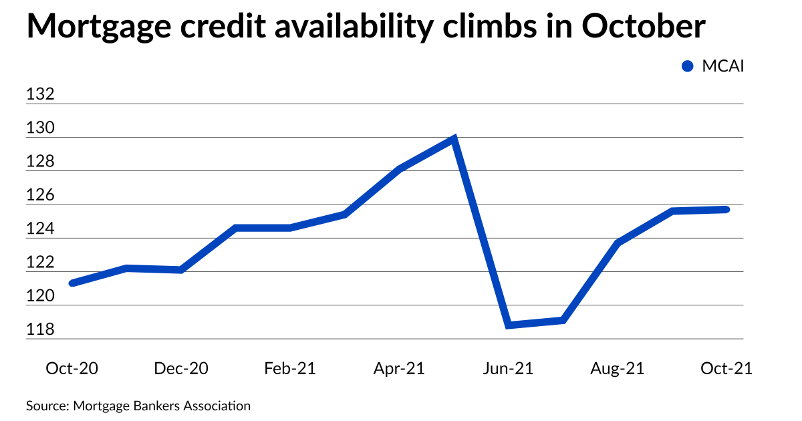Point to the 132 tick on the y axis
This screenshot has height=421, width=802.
tap(39, 95)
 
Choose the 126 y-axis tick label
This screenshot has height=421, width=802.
tap(39, 196)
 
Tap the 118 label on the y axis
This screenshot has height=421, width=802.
tap(39, 330)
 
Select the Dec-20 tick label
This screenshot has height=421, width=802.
tap(180, 368)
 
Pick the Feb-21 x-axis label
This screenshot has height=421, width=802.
tap(290, 368)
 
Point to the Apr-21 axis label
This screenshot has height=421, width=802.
tap(399, 368)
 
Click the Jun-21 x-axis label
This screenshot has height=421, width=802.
tap(509, 368)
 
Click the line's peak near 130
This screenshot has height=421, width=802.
tap(454, 140)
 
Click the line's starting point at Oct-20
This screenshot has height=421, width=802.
tap(72, 283)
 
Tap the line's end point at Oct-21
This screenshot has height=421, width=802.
tap(726, 209)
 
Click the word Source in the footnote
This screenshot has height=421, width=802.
tap(47, 406)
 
